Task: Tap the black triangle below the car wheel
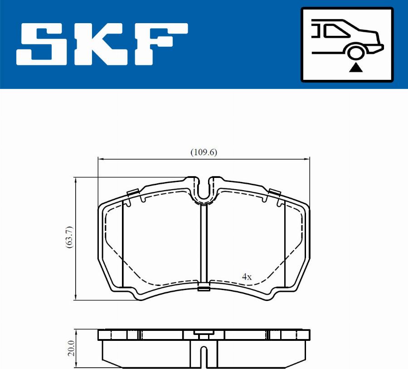356,68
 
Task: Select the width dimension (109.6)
204,153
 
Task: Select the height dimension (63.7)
69,237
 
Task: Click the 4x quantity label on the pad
247,276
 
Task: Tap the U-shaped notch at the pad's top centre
204,189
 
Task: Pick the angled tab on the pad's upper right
274,192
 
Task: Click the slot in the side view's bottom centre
204,356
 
